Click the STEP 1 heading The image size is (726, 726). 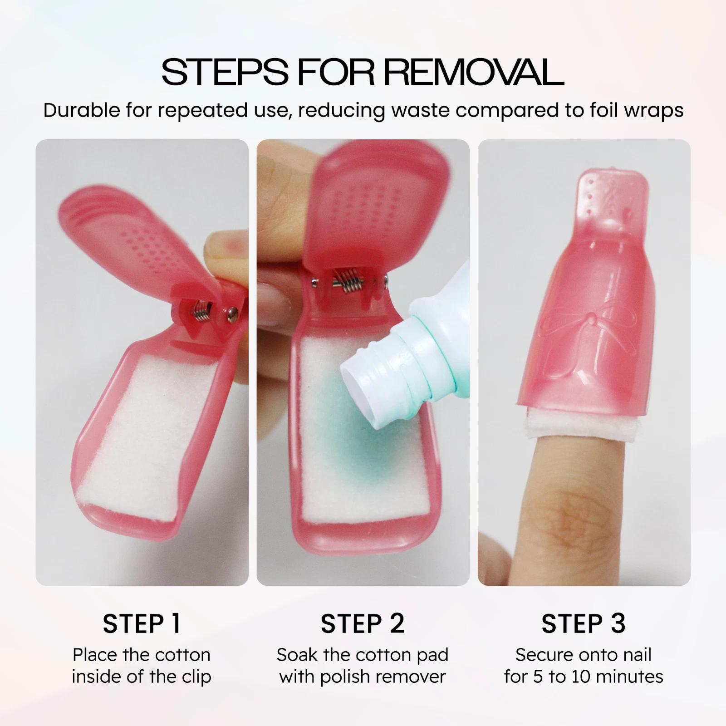[142, 623]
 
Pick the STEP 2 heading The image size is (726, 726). [363, 623]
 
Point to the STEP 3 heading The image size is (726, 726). [584, 623]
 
